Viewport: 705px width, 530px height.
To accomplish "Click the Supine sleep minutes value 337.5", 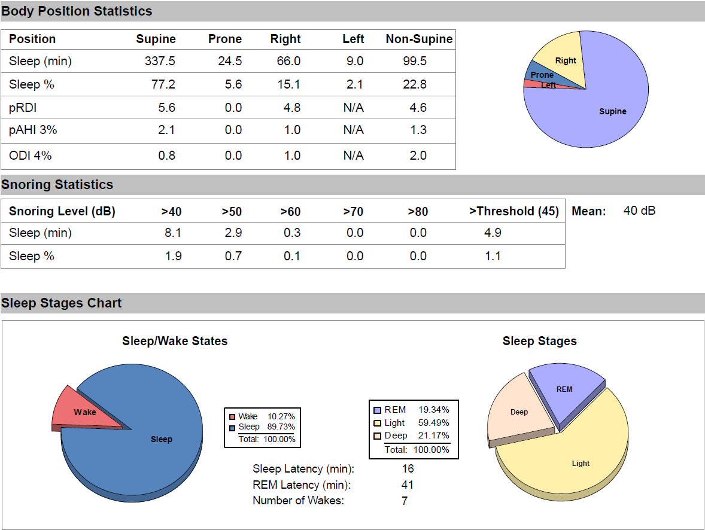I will click(x=160, y=62).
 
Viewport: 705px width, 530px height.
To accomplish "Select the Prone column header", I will click(x=224, y=39).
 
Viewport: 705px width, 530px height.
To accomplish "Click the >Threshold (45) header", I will click(x=514, y=212).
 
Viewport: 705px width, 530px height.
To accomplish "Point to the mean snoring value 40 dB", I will click(x=639, y=211).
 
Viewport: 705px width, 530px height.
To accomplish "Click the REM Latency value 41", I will click(x=408, y=485).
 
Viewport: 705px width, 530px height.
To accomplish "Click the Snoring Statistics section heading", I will click(x=57, y=185).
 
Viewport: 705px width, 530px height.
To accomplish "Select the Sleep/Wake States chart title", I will click(x=175, y=342).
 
